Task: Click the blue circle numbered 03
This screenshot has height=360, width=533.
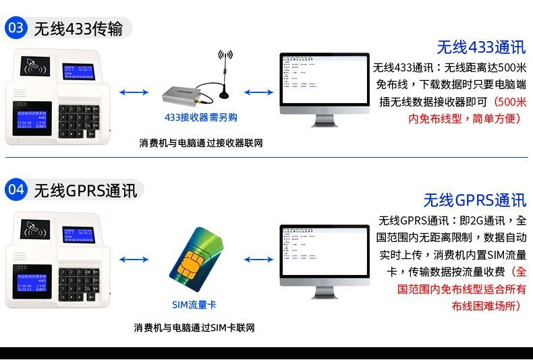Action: pos(16,28)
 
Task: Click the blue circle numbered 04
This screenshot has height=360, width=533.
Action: pos(16,190)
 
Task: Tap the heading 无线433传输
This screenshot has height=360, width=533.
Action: pos(78,29)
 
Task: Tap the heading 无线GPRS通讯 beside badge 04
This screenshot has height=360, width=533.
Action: pos(85,191)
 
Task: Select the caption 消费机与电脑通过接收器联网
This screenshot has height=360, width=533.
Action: pos(201,143)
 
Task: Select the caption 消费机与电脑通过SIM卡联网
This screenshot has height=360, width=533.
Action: pos(194,328)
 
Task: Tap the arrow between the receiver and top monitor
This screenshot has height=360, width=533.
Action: pos(258,92)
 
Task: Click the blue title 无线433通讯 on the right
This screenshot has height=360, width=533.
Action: pos(480,47)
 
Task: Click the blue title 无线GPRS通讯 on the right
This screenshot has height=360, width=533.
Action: pos(474,200)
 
